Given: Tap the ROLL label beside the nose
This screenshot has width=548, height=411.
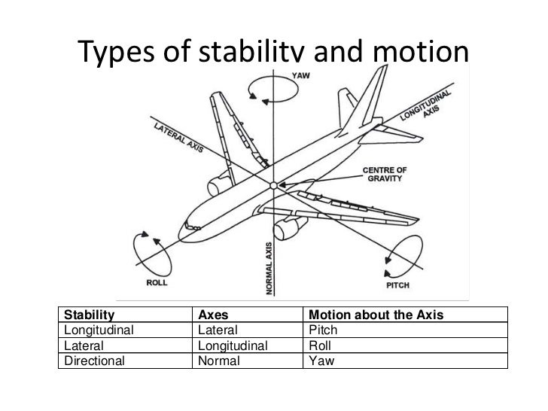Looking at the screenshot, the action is pos(156,283).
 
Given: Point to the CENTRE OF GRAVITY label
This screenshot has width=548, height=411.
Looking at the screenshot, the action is pos(385,173).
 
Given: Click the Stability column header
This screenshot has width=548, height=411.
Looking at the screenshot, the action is pos(90,315).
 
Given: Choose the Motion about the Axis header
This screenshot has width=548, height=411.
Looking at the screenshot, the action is pos(368,315).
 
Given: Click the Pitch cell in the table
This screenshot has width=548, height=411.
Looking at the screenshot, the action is pos(324,330).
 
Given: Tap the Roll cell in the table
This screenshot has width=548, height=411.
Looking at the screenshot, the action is pos(321,346).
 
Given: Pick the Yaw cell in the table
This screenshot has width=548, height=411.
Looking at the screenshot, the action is pos(321,361).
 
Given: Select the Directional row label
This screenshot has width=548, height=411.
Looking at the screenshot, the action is pos(96,361).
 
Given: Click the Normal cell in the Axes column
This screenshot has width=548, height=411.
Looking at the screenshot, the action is pos(218,361).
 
